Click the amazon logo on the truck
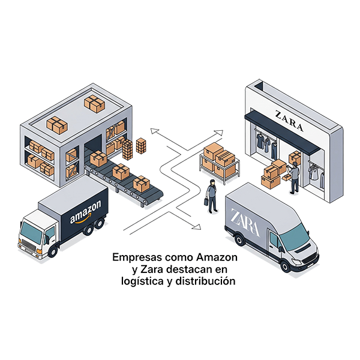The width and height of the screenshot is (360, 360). [86, 215]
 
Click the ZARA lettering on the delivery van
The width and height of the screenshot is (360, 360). [245, 222]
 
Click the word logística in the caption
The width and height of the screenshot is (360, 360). [139, 280]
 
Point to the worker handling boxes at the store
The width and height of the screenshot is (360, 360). [294, 176]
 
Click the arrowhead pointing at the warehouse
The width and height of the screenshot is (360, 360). [154, 129]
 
